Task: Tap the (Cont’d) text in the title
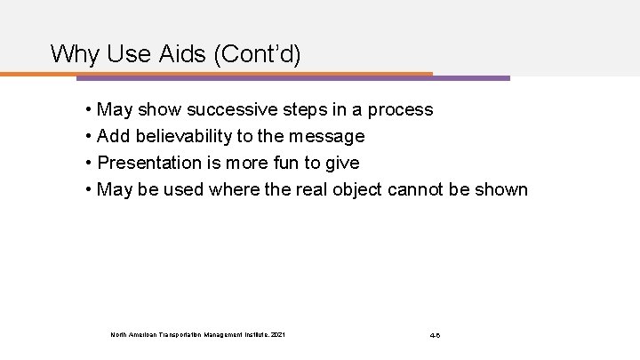(x=257, y=54)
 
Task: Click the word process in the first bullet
(x=402, y=110)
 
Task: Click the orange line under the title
(x=222, y=74)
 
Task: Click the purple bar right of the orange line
(x=471, y=77)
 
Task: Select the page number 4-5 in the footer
(x=435, y=334)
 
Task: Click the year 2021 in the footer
(x=277, y=334)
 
